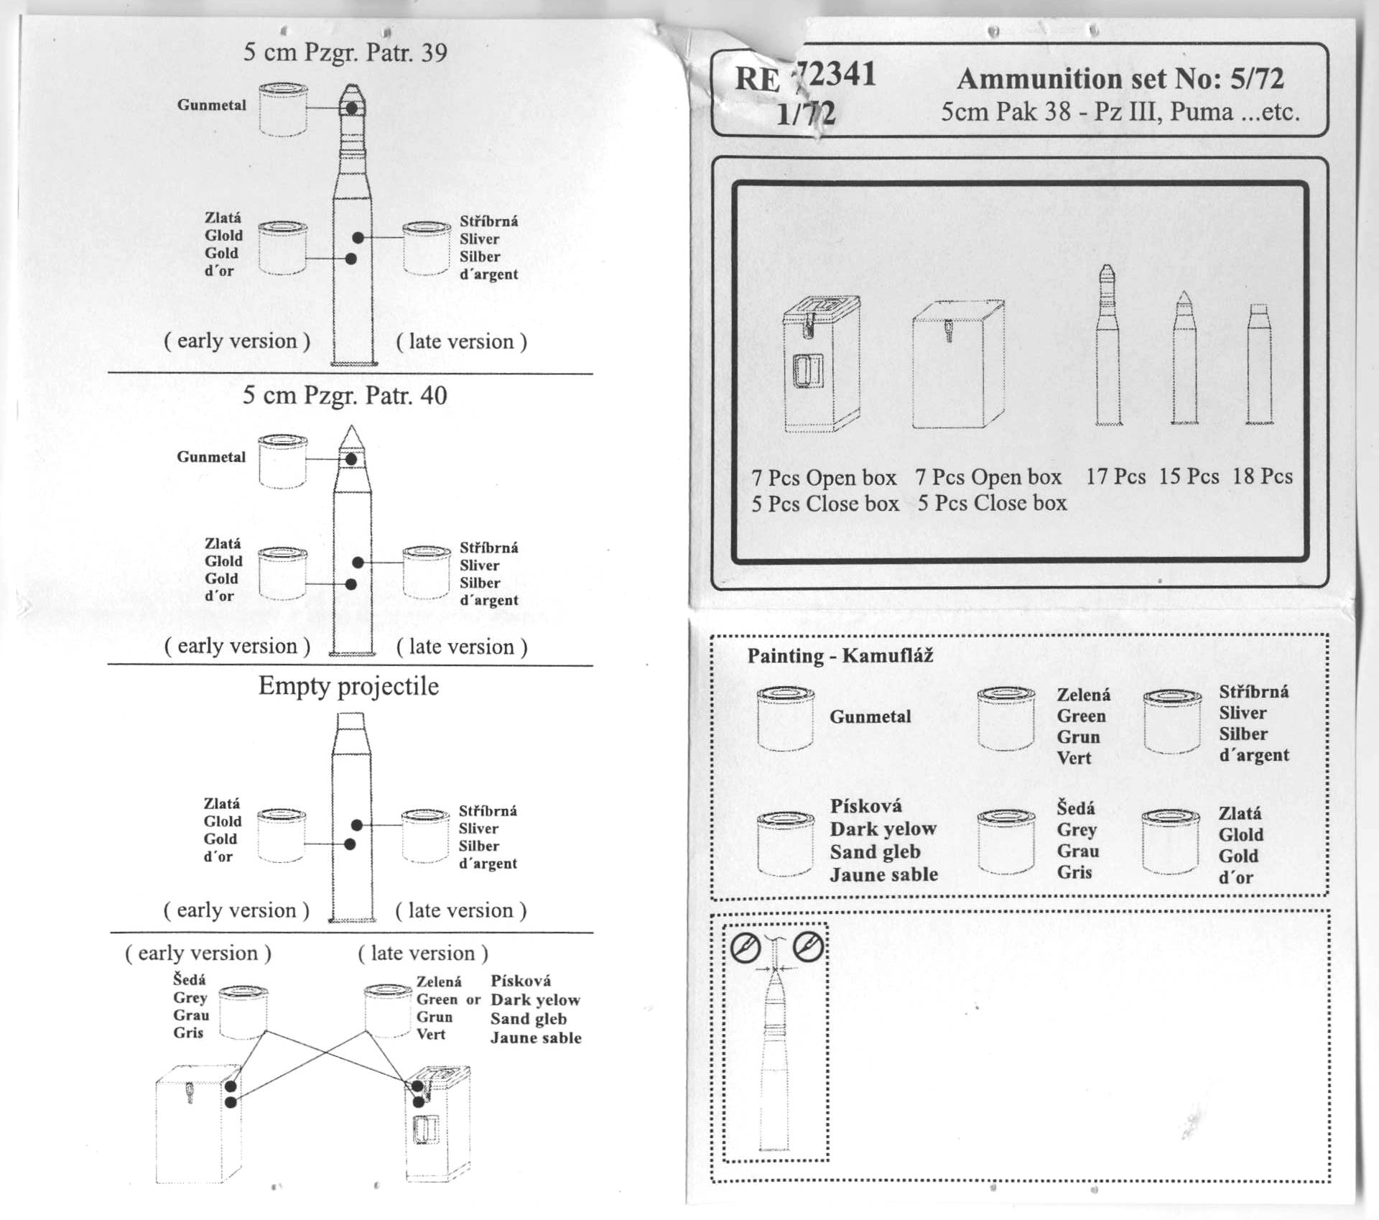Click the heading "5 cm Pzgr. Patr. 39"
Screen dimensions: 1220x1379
(345, 52)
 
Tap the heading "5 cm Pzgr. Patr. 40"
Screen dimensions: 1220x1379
(345, 395)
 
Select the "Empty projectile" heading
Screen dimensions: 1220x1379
(348, 686)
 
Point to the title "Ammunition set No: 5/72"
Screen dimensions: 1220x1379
(1120, 78)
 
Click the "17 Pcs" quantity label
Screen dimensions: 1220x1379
(1115, 476)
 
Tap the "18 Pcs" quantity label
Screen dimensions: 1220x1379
(1263, 476)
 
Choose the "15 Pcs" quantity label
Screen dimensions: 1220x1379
(1189, 476)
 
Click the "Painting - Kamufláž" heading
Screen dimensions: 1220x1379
(840, 655)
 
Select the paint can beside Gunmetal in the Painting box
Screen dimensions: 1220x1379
(785, 718)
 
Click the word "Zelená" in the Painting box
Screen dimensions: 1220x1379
(1083, 695)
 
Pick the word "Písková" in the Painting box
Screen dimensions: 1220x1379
(865, 806)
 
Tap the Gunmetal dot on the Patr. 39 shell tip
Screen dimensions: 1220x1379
(351, 108)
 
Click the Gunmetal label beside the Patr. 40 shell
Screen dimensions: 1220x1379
(211, 457)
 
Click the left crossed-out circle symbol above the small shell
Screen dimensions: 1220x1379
(746, 948)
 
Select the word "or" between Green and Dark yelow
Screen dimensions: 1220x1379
(473, 999)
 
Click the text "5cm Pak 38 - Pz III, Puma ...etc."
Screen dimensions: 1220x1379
(1120, 112)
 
